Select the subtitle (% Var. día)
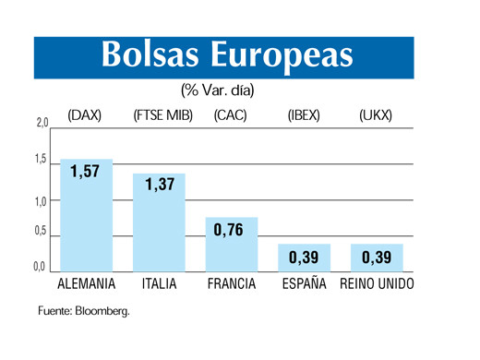click(x=218, y=90)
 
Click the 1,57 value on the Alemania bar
click(x=85, y=172)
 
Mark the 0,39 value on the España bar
click(x=304, y=256)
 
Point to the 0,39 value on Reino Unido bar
click(x=376, y=256)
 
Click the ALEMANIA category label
click(x=86, y=283)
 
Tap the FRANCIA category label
click(x=231, y=283)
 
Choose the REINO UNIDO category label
click(x=377, y=283)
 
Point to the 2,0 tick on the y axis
click(x=41, y=121)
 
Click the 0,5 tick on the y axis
click(x=41, y=232)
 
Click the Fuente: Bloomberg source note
click(x=84, y=310)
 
